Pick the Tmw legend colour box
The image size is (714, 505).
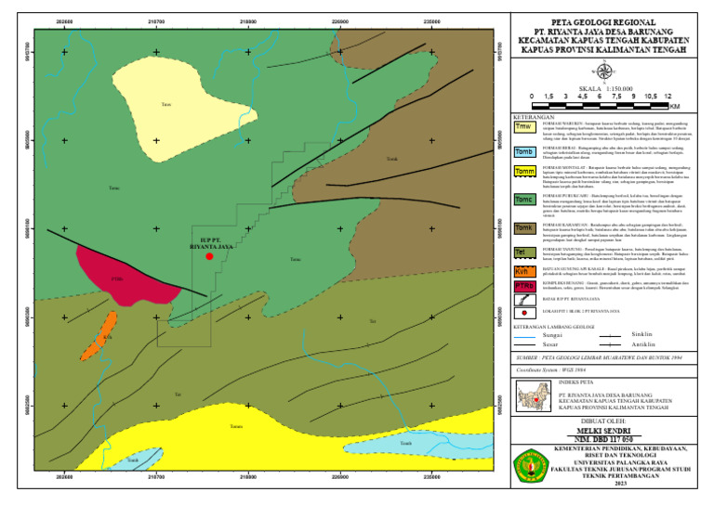click(523, 127)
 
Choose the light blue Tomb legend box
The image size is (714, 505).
click(523, 151)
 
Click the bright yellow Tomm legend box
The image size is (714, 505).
click(523, 172)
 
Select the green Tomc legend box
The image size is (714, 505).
click(523, 200)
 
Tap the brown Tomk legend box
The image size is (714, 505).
click(523, 228)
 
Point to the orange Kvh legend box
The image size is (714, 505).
click(523, 271)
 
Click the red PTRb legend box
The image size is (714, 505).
click(523, 286)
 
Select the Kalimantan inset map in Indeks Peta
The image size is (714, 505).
click(534, 396)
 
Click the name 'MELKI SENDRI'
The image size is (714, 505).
click(603, 431)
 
